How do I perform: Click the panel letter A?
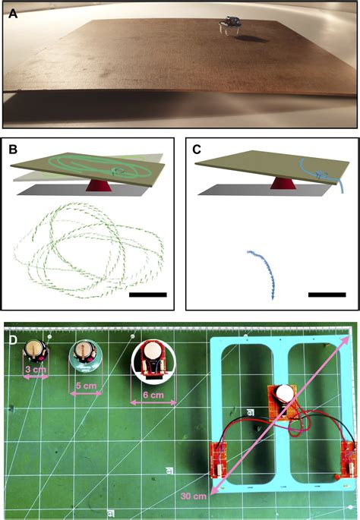click(13, 14)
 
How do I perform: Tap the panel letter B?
click(13, 150)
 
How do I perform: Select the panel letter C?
click(197, 150)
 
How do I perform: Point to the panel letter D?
click(13, 341)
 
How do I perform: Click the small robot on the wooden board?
click(229, 26)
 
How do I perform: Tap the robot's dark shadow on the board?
click(251, 39)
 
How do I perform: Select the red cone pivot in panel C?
click(283, 183)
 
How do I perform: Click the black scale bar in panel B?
click(148, 295)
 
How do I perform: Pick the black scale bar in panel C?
click(327, 295)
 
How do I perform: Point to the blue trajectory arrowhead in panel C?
click(273, 297)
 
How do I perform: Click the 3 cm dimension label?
click(36, 369)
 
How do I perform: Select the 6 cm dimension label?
click(153, 395)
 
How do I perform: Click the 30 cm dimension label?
click(194, 496)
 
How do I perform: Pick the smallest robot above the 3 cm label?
click(36, 352)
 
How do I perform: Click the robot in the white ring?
click(153, 362)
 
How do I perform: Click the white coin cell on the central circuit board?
click(284, 394)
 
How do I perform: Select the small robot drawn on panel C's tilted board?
click(320, 174)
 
